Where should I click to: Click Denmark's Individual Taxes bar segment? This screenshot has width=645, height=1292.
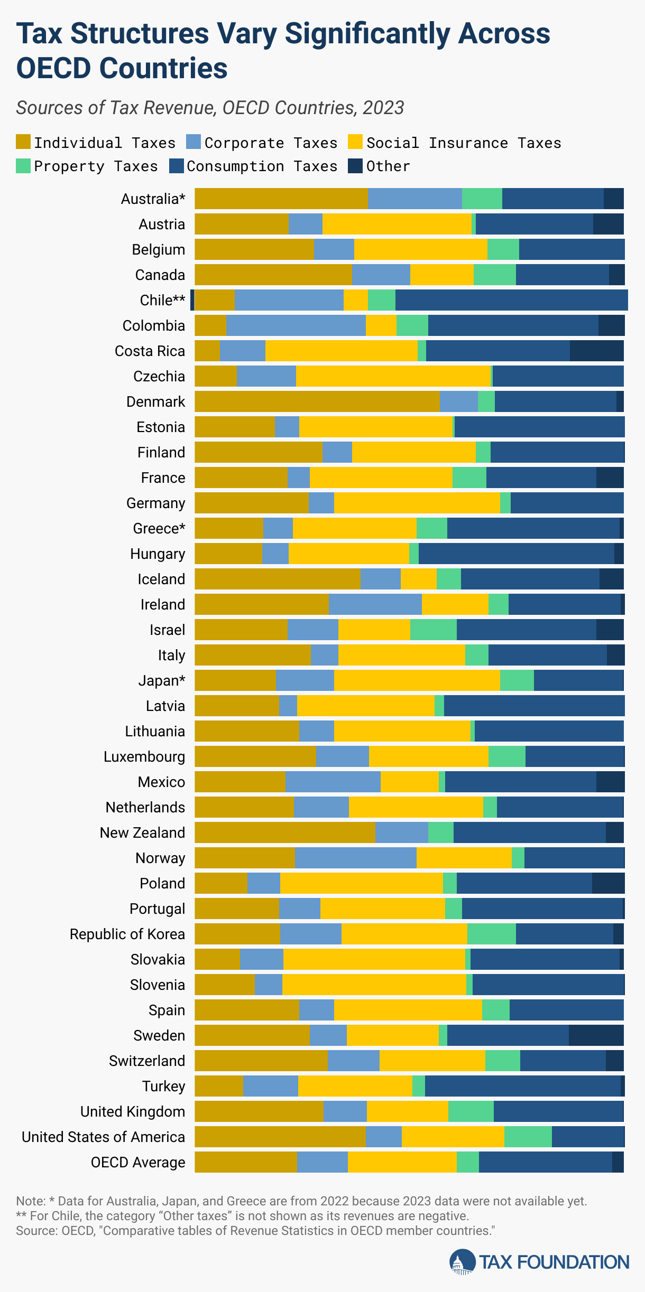(317, 401)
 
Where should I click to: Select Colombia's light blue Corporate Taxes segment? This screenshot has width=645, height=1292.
(296, 325)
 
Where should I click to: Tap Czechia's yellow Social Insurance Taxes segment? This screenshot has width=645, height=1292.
(393, 376)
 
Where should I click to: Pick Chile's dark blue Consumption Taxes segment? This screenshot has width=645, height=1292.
(511, 300)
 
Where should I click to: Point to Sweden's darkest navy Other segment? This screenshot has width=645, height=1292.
(596, 1035)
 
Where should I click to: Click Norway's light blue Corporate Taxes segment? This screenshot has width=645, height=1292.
(355, 858)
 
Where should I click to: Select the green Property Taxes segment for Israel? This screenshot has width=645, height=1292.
(433, 630)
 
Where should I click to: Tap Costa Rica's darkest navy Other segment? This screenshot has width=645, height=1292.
(596, 351)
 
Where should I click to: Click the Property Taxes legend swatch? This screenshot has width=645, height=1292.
(23, 166)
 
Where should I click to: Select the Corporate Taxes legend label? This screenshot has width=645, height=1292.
(271, 143)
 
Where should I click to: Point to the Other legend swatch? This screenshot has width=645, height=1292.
(355, 166)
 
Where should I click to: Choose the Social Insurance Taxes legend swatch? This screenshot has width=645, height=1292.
(355, 143)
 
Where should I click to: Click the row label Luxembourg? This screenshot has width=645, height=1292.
(144, 756)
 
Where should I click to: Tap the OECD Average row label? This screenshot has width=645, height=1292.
(138, 1162)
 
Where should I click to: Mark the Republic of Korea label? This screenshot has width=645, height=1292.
(127, 934)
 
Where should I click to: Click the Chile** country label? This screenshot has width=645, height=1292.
(162, 300)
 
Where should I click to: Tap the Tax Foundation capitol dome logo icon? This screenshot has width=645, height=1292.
(463, 1262)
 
